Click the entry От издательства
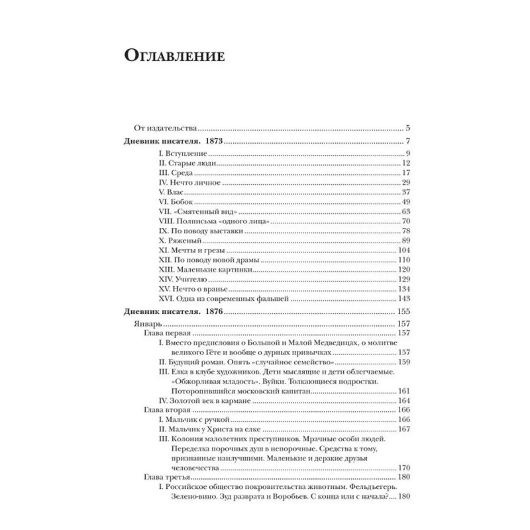[x=161, y=129]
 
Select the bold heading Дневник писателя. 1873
[x=173, y=142]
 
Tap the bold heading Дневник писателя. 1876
[x=173, y=312]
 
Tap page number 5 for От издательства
[x=409, y=129]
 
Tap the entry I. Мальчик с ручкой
[x=193, y=420]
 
